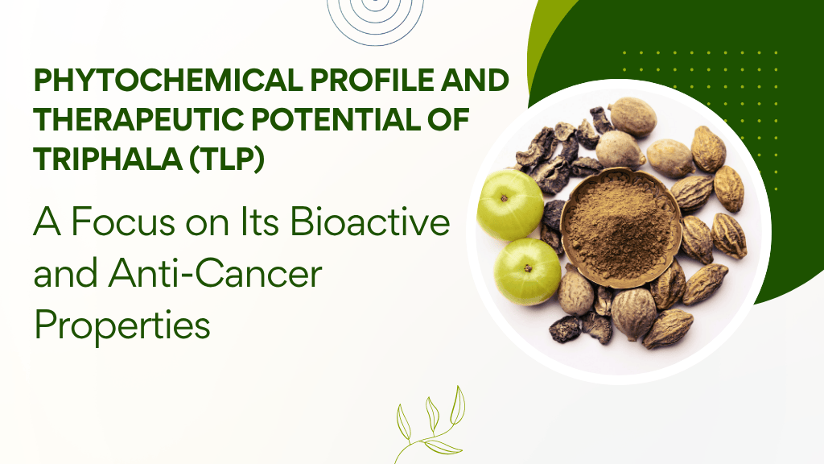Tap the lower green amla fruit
click(526, 271)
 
